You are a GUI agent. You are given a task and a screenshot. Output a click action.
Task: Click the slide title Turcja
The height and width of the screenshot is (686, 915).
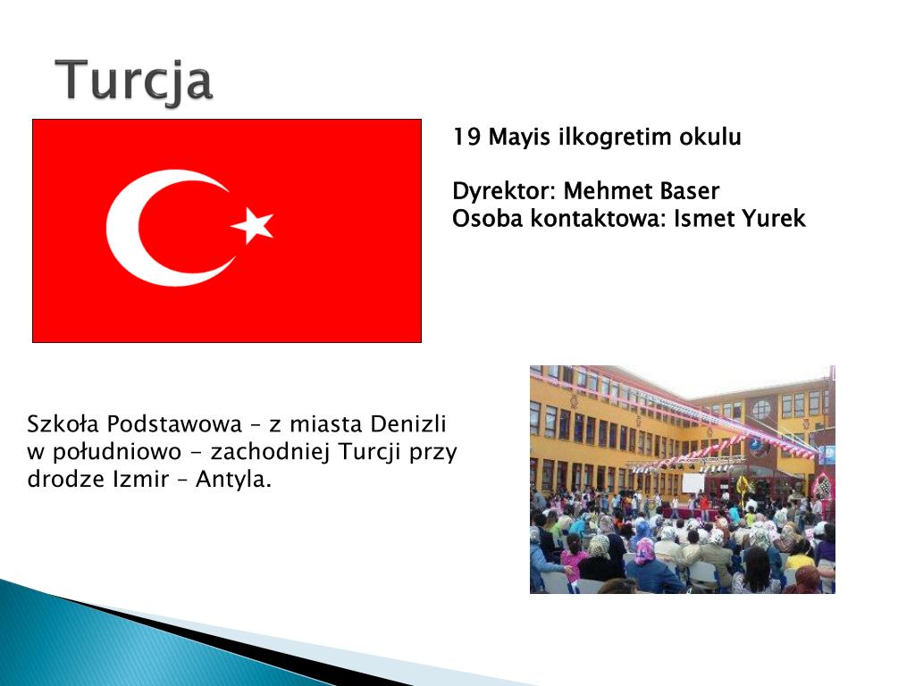[x=134, y=81]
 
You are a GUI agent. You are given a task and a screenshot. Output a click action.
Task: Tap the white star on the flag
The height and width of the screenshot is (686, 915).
[x=253, y=224]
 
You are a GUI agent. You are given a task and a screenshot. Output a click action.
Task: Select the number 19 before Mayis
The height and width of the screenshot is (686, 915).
[x=466, y=137]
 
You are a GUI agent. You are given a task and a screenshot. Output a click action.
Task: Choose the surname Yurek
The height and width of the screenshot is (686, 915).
[x=773, y=219]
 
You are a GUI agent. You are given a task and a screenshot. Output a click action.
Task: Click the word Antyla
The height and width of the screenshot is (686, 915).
[x=233, y=480]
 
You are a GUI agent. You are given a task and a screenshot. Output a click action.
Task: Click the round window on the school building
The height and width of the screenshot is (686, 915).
[x=761, y=409]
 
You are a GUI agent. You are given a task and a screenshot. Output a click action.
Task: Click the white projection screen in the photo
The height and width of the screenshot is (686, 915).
[x=693, y=483]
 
